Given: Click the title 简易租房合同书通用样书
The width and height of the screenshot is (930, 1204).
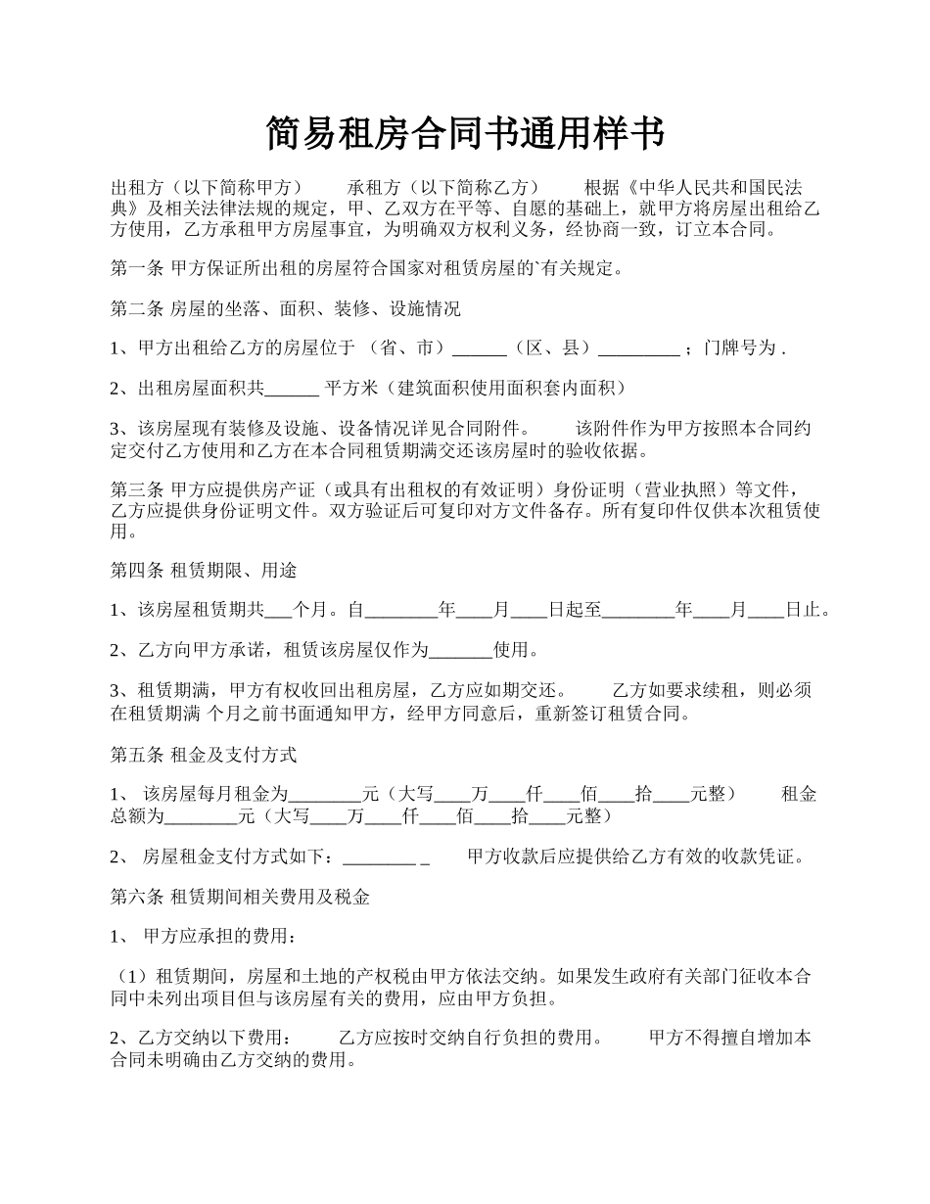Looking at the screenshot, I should (465, 133).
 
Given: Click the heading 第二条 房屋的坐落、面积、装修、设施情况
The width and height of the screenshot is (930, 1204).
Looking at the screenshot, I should (285, 309).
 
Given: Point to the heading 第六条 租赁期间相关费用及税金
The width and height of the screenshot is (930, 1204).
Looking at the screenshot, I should (240, 896).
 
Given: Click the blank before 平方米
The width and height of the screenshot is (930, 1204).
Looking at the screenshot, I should (292, 389).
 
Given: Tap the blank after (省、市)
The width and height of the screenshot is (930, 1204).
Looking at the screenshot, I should (481, 348).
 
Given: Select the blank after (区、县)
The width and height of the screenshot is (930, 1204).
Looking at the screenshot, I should (638, 348).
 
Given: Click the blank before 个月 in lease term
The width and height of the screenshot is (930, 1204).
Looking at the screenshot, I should (278, 610).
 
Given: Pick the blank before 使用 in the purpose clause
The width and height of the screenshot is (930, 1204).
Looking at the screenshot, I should (460, 649).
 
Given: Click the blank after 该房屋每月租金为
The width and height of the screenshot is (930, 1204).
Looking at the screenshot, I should (325, 794).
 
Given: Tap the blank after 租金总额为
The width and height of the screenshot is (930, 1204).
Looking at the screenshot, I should (202, 815).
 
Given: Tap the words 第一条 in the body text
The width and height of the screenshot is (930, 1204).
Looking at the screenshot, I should (136, 267).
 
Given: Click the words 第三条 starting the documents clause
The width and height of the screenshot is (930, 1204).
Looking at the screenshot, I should (136, 489).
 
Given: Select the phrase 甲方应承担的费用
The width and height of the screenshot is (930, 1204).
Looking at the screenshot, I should (216, 937).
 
